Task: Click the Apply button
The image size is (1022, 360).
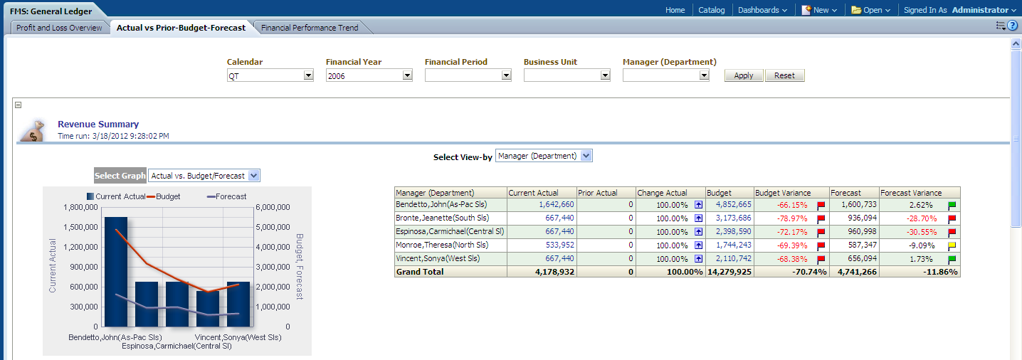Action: pyautogui.click(x=744, y=75)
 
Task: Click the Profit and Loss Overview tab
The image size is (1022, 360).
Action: pyautogui.click(x=59, y=28)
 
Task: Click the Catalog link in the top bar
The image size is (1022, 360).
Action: pyautogui.click(x=712, y=10)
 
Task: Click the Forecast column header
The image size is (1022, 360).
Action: pyautogui.click(x=845, y=193)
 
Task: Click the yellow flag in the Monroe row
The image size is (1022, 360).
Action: pyautogui.click(x=952, y=245)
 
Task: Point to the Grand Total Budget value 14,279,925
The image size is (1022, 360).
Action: pyautogui.click(x=728, y=272)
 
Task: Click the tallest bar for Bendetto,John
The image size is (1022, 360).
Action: pyautogui.click(x=116, y=270)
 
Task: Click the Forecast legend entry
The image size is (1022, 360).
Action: pyautogui.click(x=226, y=196)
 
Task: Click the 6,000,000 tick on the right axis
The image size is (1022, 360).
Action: pyautogui.click(x=275, y=208)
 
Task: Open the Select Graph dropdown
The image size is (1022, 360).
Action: pyautogui.click(x=255, y=176)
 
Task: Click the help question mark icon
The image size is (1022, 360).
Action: pyautogui.click(x=1013, y=26)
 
